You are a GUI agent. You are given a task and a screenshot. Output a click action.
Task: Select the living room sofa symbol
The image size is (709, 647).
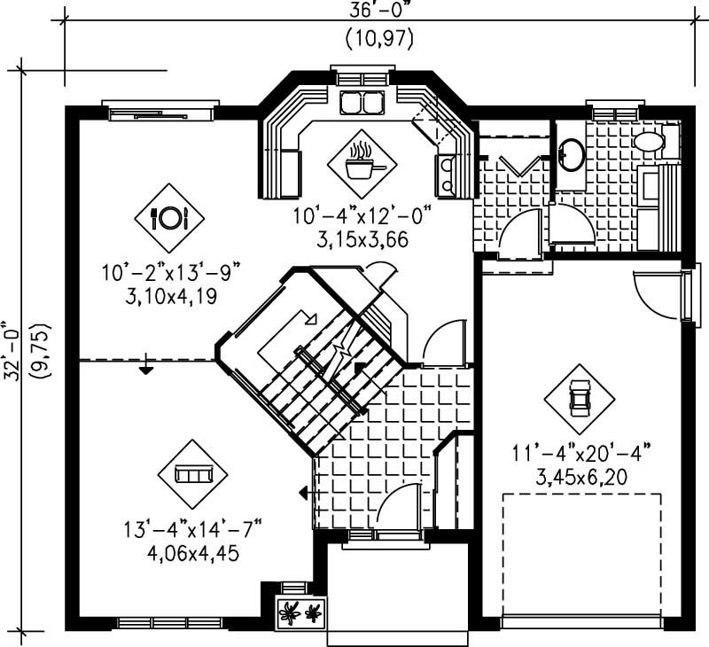[x=192, y=474]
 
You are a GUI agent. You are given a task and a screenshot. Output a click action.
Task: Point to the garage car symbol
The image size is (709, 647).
[x=579, y=396]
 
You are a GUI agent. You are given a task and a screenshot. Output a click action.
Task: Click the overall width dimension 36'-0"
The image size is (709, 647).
[x=378, y=10]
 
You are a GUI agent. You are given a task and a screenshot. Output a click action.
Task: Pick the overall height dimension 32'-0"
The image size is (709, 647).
[x=12, y=349]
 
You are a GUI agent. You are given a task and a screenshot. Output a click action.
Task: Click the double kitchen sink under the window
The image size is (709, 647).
[x=362, y=103]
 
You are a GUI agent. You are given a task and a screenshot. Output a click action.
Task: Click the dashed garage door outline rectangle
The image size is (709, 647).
[x=582, y=553]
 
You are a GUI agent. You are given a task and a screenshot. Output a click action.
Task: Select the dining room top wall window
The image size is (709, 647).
[x=160, y=112]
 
